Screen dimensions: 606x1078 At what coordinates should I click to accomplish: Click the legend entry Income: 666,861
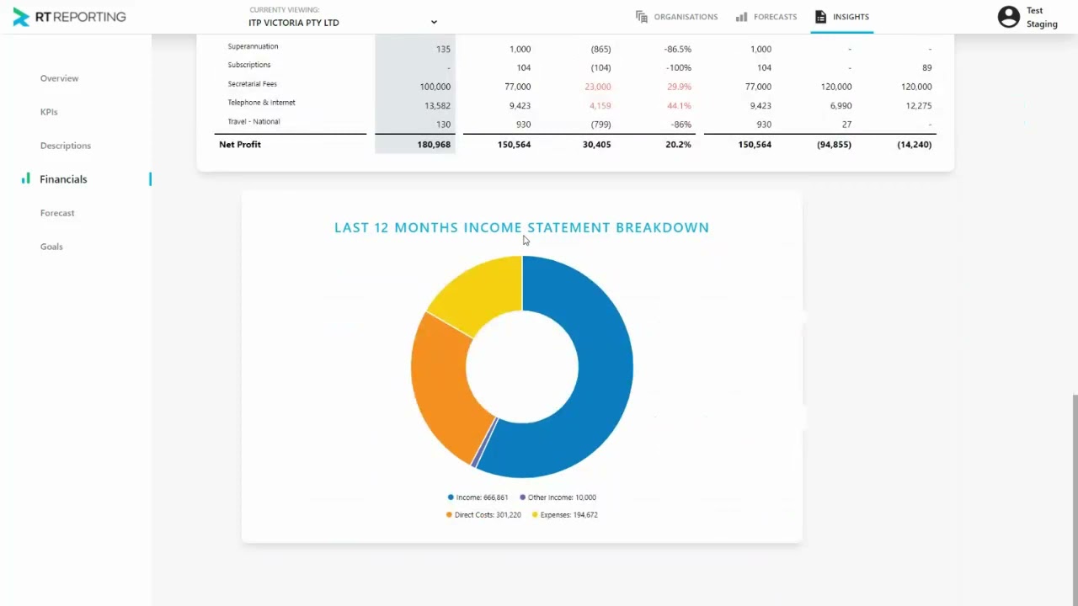point(478,497)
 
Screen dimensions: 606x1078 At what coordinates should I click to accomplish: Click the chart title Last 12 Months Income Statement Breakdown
point(521,227)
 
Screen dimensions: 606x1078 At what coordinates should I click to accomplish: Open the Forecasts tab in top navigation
point(766,17)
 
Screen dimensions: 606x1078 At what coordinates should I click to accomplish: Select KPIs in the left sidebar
point(49,112)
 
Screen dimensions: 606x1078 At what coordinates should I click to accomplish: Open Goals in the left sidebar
point(51,247)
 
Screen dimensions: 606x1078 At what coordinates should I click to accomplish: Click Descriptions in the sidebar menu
point(65,146)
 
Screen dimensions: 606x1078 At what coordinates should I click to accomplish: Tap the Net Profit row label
point(240,145)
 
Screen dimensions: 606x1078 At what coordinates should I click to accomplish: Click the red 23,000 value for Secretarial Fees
point(597,87)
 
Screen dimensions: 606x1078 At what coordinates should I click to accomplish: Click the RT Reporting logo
point(69,17)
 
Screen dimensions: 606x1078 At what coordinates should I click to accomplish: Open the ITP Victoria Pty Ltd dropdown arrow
point(434,22)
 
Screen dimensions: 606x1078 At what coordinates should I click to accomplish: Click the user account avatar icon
point(1008,17)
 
